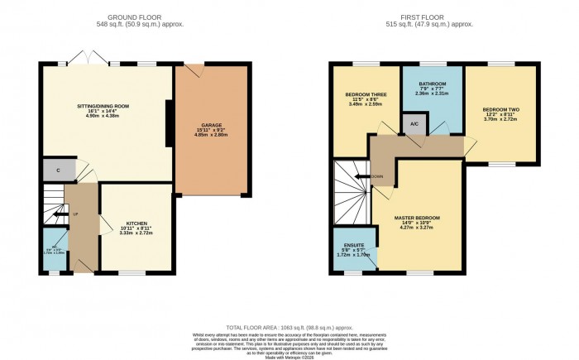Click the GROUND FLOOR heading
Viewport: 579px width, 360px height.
click(146, 17)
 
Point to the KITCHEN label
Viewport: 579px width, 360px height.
click(136, 223)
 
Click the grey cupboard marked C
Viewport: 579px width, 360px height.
click(58, 170)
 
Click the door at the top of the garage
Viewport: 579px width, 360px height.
click(194, 72)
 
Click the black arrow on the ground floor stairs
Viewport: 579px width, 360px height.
click(60, 214)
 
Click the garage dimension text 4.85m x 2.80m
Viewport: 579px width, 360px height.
click(210, 136)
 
